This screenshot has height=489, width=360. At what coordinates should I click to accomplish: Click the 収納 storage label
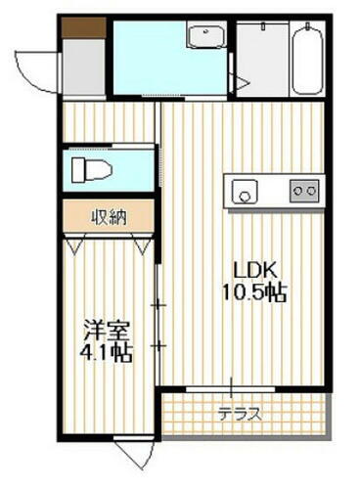(109, 216)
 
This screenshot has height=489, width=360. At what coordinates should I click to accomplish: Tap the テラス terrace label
(239, 413)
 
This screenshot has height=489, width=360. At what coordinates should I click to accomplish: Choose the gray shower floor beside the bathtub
(261, 59)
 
